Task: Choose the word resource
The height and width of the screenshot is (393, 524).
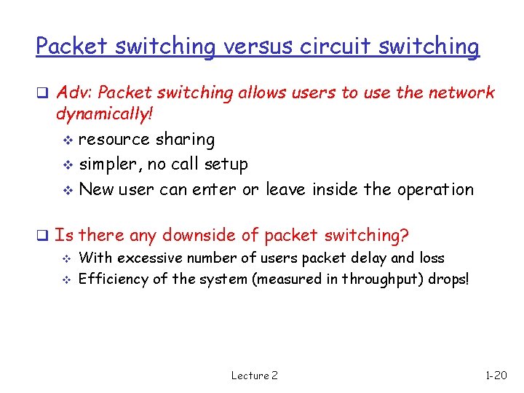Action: [x=114, y=140]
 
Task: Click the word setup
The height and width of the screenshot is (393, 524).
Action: [x=226, y=164]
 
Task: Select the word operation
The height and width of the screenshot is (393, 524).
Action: [x=435, y=190]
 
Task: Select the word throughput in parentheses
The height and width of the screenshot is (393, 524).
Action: [x=381, y=279]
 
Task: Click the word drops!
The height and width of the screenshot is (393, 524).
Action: [x=449, y=279]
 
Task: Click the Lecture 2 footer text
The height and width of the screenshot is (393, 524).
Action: [x=254, y=376]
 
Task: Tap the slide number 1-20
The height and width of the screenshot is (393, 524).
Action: [x=496, y=376]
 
